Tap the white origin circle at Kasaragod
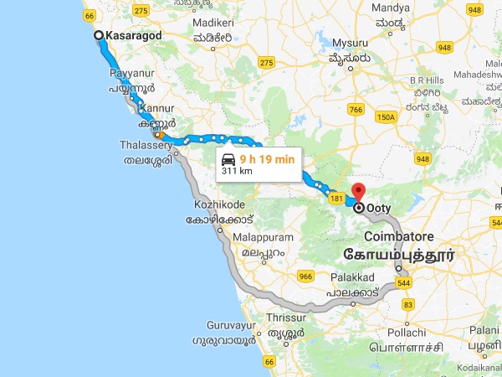coord(99,35)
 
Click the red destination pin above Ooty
coord(358,191)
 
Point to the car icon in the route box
coord(228,158)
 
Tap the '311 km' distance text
coord(237,171)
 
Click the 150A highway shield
coord(386,117)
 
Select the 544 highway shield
coord(405,283)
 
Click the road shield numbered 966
coord(305,276)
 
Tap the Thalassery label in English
coord(146,145)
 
